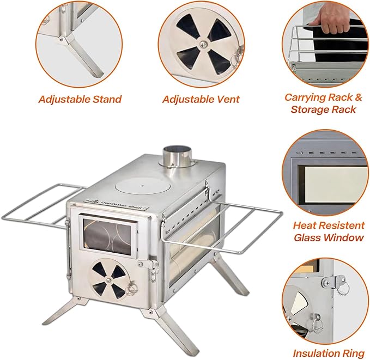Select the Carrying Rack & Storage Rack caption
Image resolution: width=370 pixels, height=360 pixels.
[x=323, y=103]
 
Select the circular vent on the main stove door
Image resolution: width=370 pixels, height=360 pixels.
[x=110, y=276]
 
